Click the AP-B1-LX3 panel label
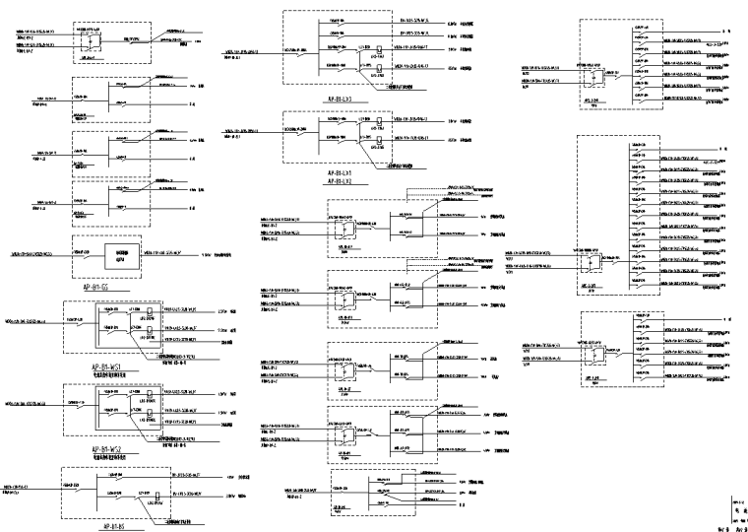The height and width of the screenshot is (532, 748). (351, 100)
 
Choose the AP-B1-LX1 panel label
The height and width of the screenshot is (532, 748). (351, 173)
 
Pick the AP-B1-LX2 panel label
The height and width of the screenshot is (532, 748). (351, 182)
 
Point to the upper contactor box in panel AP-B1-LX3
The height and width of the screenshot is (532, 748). (378, 47)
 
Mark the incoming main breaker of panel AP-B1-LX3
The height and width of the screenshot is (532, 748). (299, 49)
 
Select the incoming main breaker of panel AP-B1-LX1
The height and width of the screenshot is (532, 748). (299, 129)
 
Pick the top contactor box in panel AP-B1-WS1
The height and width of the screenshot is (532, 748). (147, 312)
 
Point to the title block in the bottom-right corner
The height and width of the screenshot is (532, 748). (738, 514)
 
